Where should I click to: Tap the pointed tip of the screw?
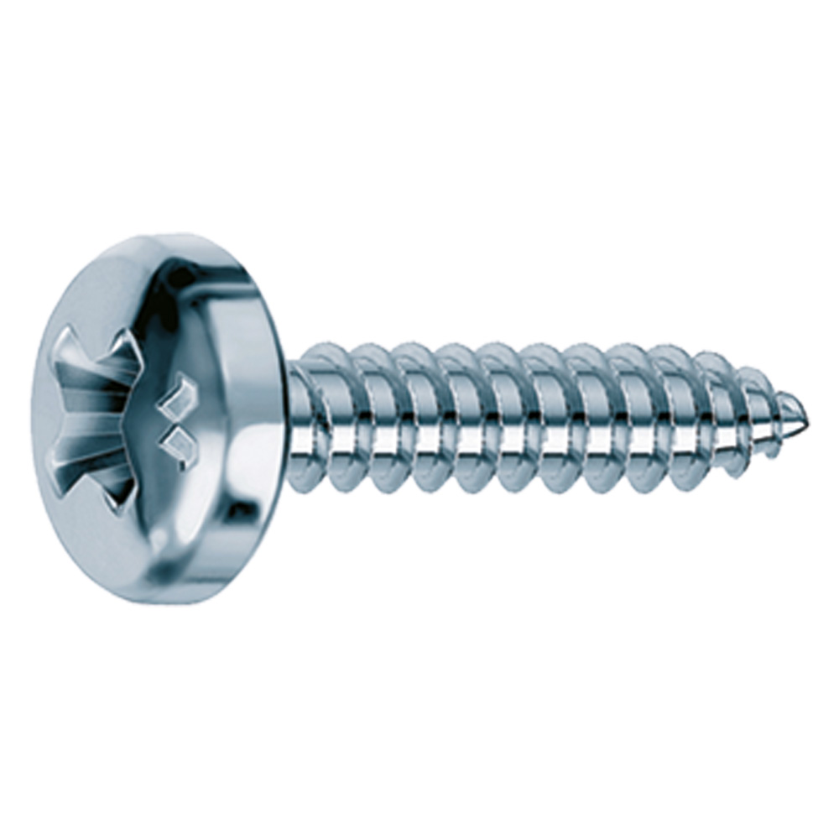click(x=805, y=415)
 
